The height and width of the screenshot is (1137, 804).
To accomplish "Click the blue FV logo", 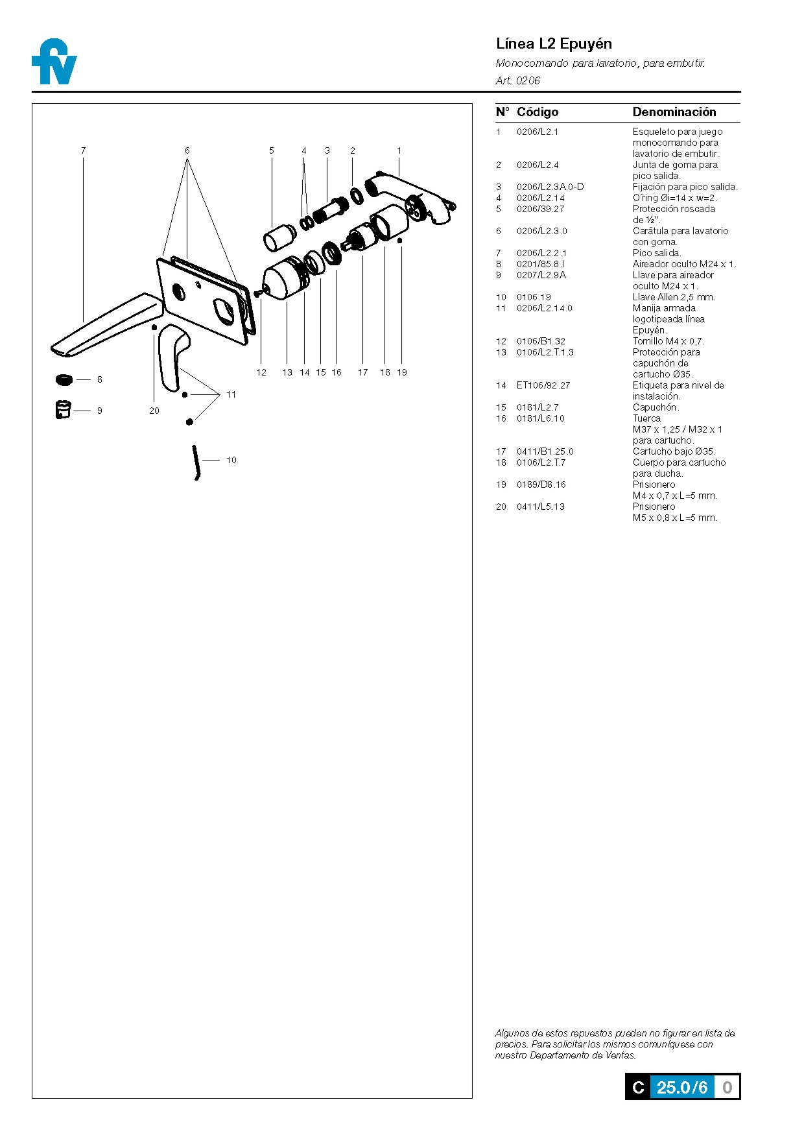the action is (x=54, y=62).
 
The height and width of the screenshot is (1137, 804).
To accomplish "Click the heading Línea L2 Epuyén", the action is (x=554, y=44).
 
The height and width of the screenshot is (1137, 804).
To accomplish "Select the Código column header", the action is (x=538, y=112).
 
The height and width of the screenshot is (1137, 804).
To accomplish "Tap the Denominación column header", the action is (x=674, y=112).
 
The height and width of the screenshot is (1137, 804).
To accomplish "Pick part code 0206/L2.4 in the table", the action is (x=538, y=165).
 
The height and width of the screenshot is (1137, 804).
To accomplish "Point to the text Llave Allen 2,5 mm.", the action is (x=674, y=297).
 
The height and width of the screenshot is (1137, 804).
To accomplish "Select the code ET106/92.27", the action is (x=543, y=385).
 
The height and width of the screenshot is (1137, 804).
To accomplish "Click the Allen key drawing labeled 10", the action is (x=195, y=462).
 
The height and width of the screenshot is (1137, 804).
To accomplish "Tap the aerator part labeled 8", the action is (x=65, y=379).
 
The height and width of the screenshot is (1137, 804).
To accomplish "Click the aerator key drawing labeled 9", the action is (x=63, y=410).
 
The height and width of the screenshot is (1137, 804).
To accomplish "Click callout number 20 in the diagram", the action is (x=154, y=411).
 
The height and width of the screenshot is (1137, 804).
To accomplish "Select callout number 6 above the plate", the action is (x=187, y=150).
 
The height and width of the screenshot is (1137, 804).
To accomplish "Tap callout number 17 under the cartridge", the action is (x=363, y=372).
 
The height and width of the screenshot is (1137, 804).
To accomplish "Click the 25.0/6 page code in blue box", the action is (x=682, y=1087).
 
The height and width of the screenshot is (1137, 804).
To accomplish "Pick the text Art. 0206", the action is (x=517, y=80).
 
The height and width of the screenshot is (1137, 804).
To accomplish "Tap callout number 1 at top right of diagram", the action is (x=399, y=150).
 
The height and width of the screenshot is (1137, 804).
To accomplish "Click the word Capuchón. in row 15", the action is (x=656, y=407).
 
